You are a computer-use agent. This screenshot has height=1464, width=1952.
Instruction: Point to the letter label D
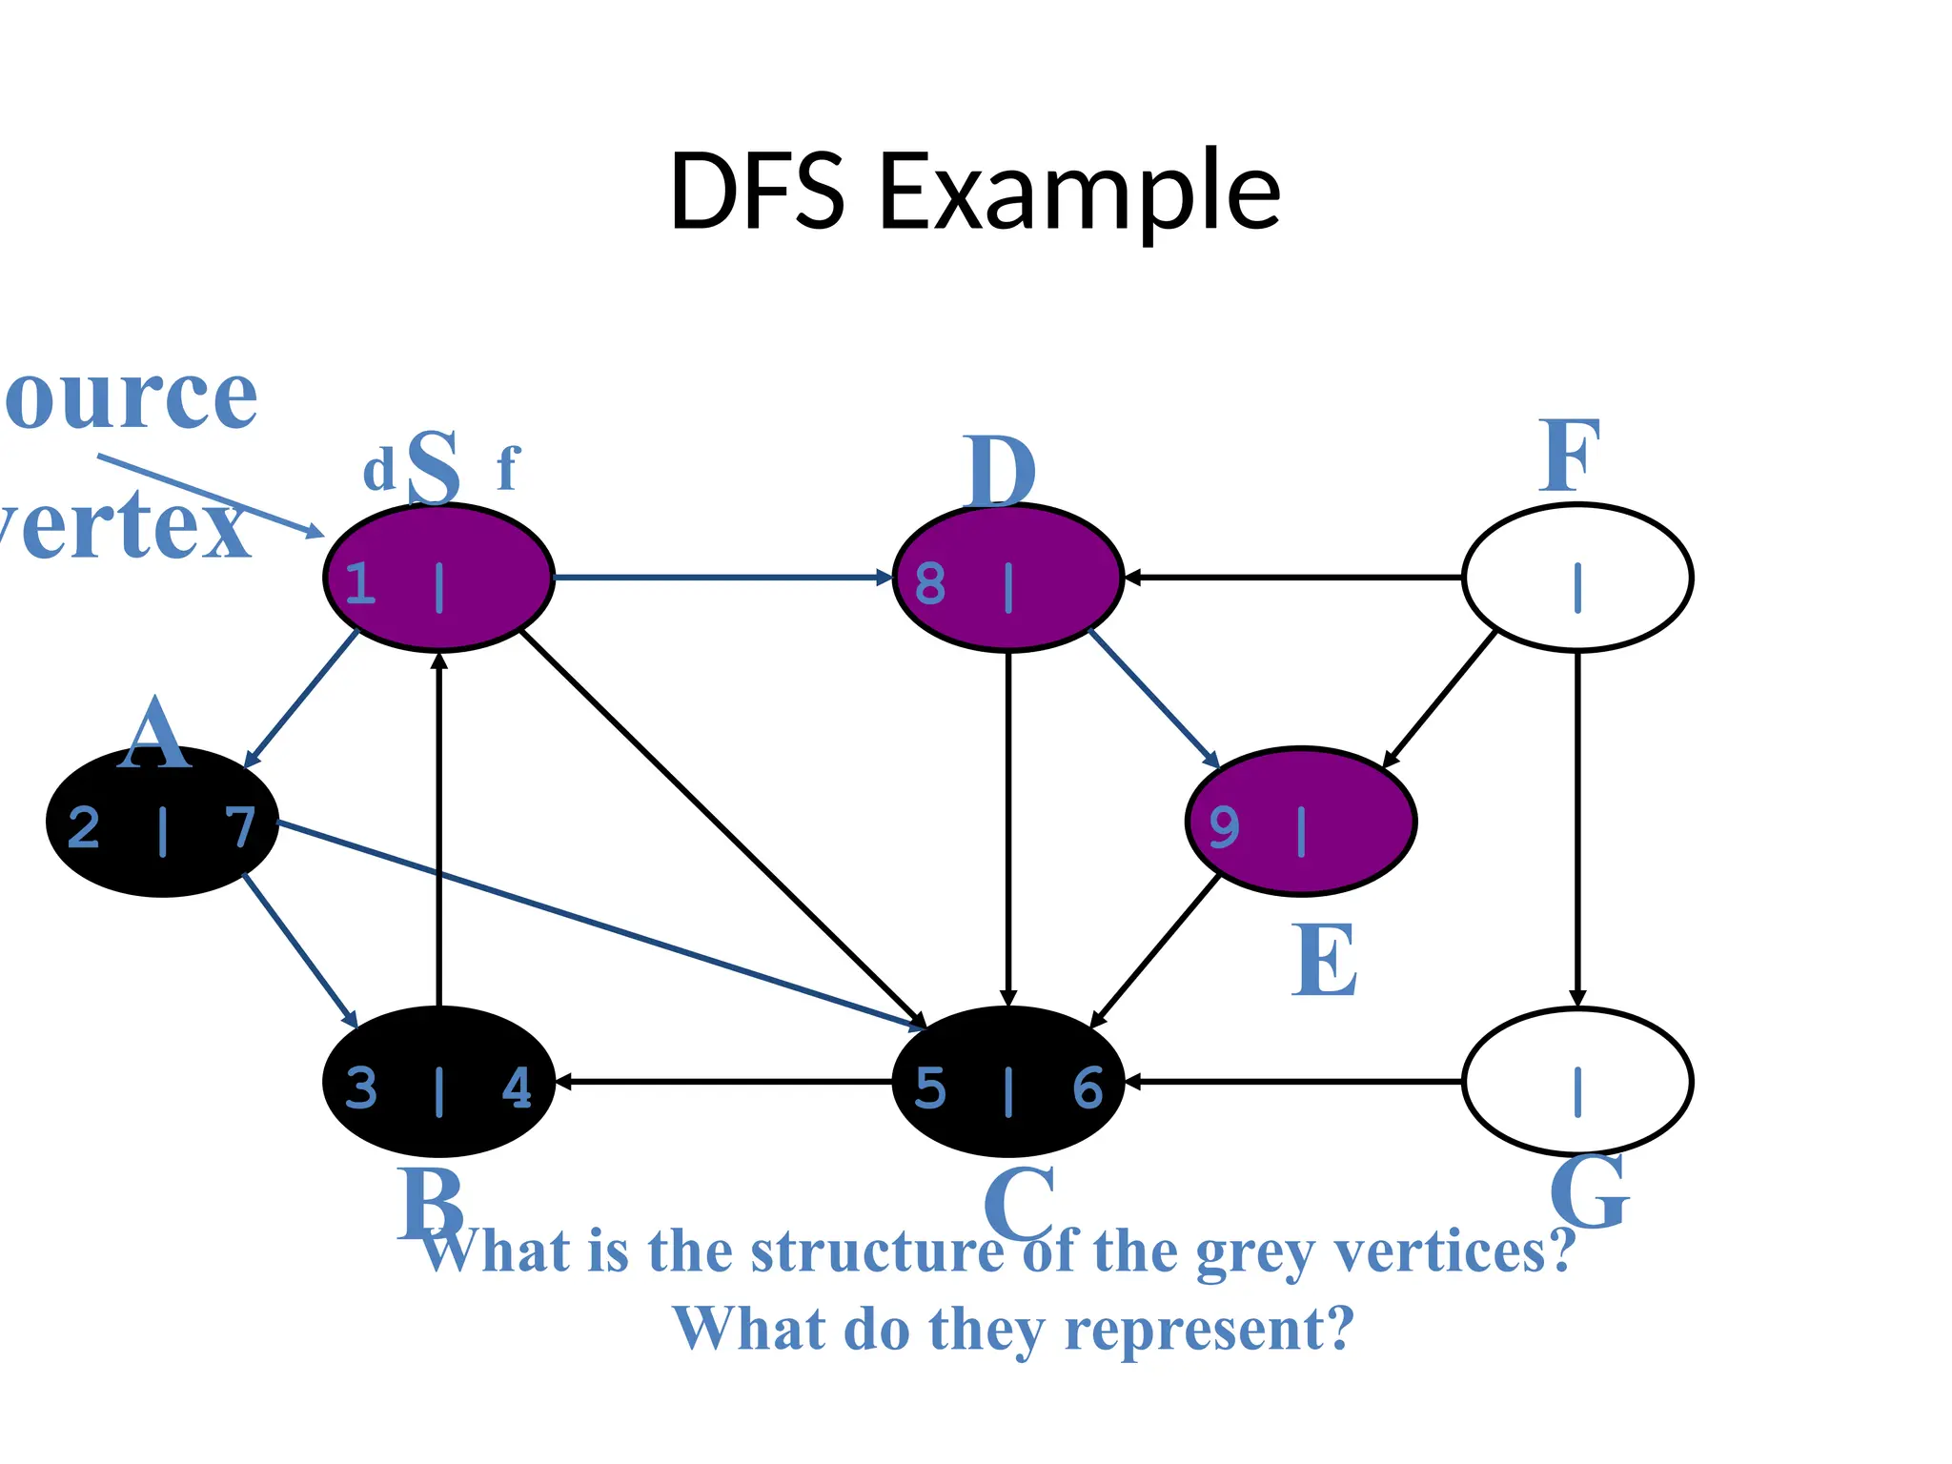pyautogui.click(x=998, y=472)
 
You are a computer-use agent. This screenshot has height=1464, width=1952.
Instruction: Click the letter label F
pyautogui.click(x=1569, y=457)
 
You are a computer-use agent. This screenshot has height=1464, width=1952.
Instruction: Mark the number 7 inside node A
pyautogui.click(x=240, y=826)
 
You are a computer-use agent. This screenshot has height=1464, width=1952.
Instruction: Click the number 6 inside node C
pyautogui.click(x=1088, y=1088)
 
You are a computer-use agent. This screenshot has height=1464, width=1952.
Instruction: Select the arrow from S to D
pyautogui.click(x=722, y=577)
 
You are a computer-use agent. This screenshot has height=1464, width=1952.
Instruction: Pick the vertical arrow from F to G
pyautogui.click(x=1577, y=829)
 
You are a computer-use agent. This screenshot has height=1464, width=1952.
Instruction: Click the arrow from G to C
pyautogui.click(x=1293, y=1082)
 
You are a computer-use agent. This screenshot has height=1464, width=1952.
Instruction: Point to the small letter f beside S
pyautogui.click(x=508, y=469)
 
